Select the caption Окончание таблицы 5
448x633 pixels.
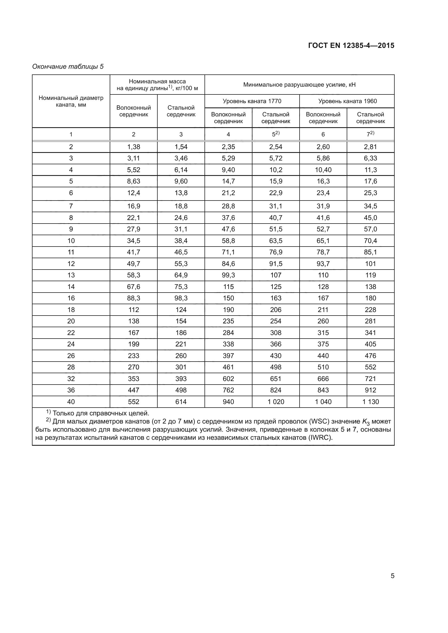(x=68, y=67)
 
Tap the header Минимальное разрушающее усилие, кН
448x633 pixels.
(x=299, y=85)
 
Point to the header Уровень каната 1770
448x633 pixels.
(x=252, y=101)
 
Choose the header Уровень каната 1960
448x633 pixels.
(x=347, y=101)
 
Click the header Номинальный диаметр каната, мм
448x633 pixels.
(x=71, y=101)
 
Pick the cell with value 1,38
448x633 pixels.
(x=134, y=147)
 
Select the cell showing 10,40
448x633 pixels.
(x=323, y=170)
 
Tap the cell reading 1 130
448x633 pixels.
(x=371, y=402)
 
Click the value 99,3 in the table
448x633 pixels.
(x=228, y=275)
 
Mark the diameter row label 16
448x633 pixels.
(x=71, y=298)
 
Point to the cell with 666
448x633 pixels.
(x=323, y=379)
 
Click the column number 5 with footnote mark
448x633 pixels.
(x=275, y=134)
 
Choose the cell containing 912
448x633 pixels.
(x=371, y=390)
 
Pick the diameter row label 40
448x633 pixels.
(x=71, y=402)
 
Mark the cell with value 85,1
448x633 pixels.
(x=371, y=252)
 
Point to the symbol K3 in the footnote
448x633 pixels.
(x=366, y=422)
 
